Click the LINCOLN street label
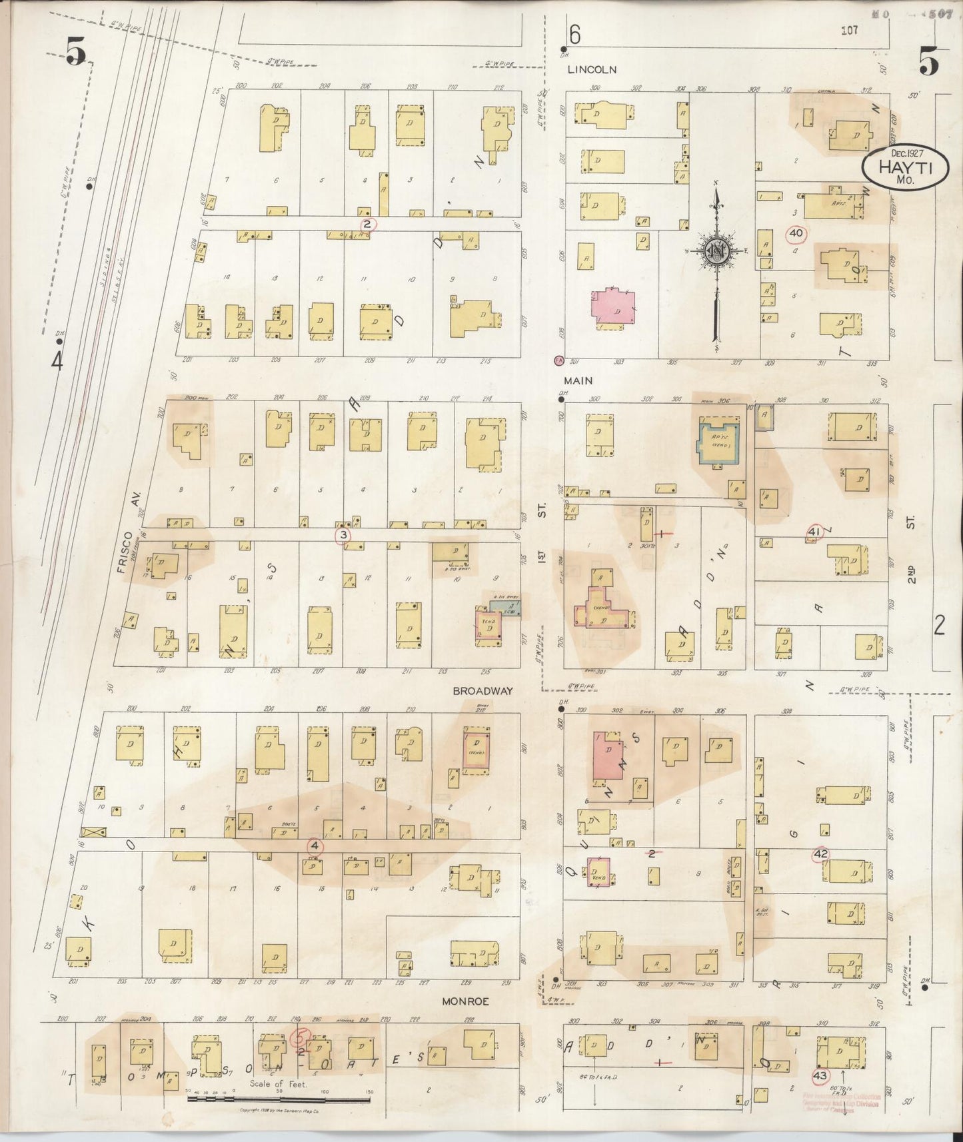(592, 69)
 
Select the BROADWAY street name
(482, 691)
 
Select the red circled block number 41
(814, 532)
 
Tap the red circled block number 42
(820, 854)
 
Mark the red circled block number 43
(820, 1075)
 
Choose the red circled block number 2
(367, 224)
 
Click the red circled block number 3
(343, 535)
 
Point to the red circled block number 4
(315, 847)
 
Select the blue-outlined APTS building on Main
(718, 440)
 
